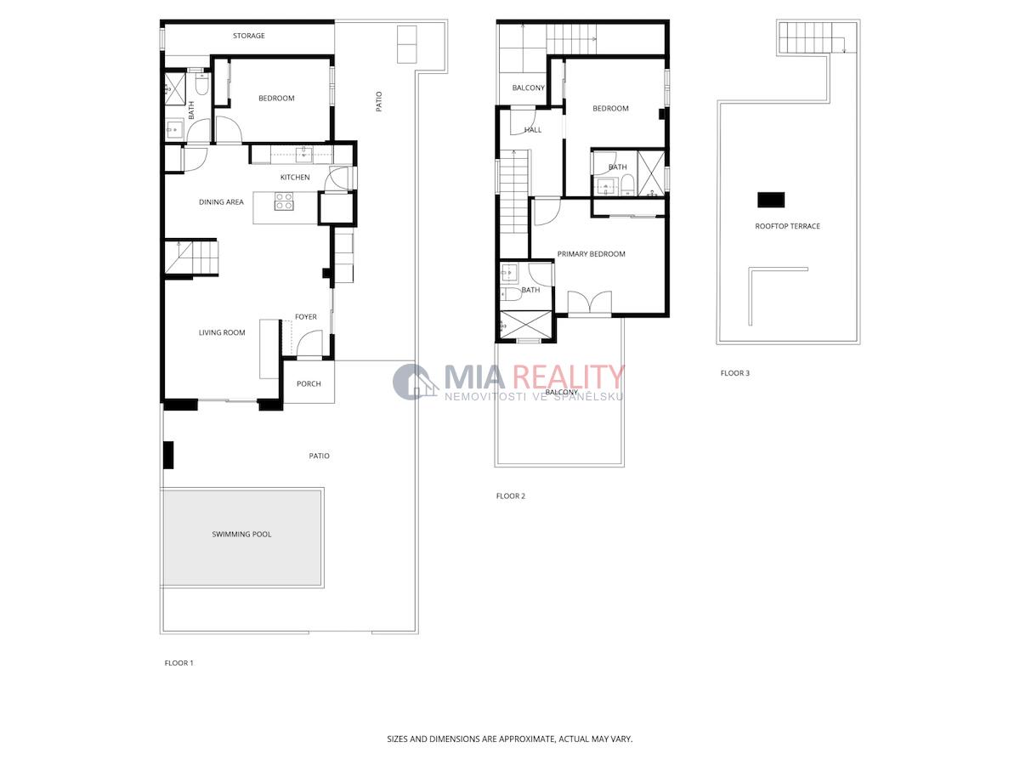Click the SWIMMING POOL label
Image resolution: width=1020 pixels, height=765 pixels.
(241, 534)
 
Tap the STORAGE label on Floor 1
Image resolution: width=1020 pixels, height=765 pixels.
(248, 36)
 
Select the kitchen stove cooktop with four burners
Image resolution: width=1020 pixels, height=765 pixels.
(283, 201)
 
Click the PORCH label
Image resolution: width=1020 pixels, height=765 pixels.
(309, 383)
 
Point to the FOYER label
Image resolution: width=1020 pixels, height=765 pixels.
(306, 317)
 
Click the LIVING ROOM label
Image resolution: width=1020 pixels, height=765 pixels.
(222, 332)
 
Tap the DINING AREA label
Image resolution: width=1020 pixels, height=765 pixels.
(221, 202)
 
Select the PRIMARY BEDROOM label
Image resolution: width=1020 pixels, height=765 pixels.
(591, 254)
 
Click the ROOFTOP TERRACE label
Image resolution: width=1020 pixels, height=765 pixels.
(787, 226)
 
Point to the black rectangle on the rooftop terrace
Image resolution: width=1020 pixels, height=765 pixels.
(771, 200)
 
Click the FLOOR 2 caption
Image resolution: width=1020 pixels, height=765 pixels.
(510, 496)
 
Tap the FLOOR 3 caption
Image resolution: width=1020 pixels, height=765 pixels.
(734, 373)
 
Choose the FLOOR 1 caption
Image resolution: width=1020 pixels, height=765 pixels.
(178, 663)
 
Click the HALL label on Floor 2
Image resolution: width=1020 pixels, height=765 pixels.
(533, 130)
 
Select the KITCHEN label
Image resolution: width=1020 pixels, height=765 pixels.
(295, 178)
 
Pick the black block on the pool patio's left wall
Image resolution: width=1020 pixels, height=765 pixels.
(168, 455)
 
